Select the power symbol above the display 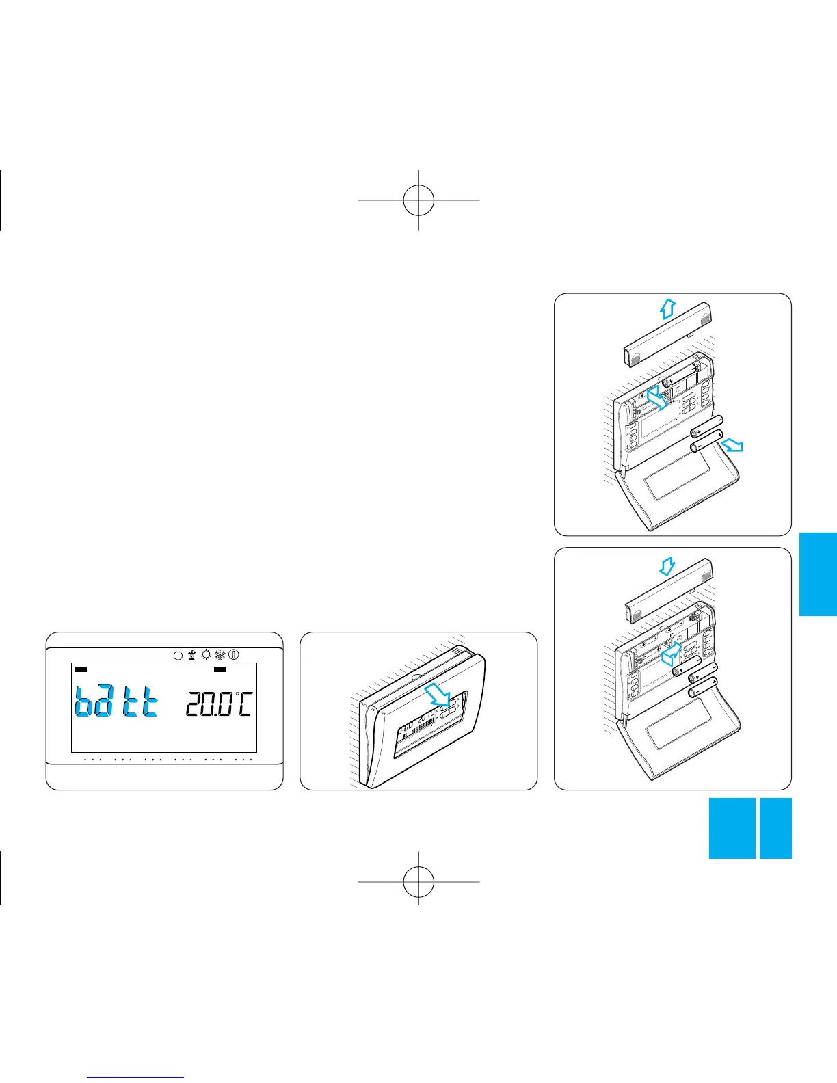(x=178, y=654)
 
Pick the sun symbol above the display (x=206, y=654)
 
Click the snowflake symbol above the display (x=220, y=654)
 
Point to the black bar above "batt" (x=81, y=670)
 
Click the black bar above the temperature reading (x=220, y=670)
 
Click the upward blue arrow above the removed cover (x=667, y=310)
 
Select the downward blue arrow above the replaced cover (x=668, y=565)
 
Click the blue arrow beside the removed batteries (x=732, y=445)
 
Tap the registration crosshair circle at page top (x=418, y=200)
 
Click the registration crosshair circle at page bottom (x=418, y=881)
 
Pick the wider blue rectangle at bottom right (x=732, y=827)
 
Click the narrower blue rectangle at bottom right (x=775, y=827)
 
